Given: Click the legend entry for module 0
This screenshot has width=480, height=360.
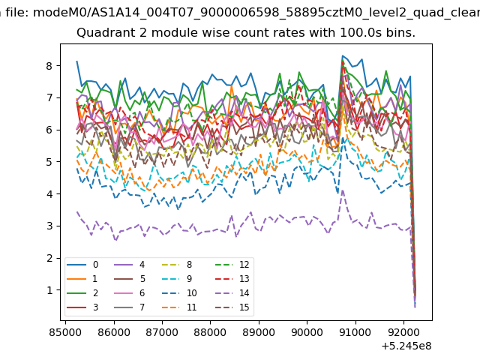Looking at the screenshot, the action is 82,265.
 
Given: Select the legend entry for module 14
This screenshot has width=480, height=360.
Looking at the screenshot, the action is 227,293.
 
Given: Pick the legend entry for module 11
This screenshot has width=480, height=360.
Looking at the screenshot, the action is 179,307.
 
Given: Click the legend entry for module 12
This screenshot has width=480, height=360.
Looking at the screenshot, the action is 227,265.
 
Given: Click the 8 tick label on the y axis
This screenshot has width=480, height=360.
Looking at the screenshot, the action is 49,66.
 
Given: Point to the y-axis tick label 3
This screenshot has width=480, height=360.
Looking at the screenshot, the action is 49,226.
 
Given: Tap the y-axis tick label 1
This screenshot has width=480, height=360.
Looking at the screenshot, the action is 49,290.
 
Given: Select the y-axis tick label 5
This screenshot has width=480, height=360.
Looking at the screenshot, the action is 49,162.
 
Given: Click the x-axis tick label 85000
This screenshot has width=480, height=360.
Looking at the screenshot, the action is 65,332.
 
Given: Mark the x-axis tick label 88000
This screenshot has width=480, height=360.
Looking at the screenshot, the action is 210,332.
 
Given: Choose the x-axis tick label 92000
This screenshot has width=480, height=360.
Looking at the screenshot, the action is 403,332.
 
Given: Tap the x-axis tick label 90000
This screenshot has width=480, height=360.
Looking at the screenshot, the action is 307,332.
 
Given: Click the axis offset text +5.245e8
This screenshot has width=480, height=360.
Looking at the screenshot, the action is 406,346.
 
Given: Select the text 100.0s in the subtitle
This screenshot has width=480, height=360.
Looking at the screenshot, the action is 357,32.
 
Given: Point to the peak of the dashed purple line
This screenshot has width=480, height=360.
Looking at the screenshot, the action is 343,190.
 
